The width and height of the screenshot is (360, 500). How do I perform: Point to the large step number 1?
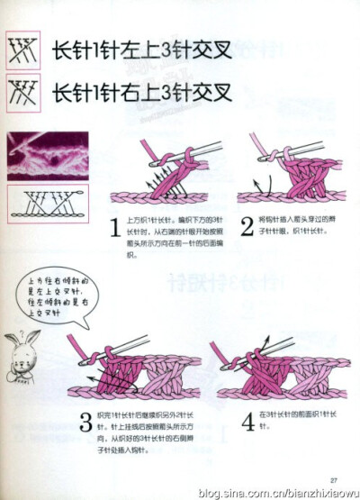point(114,229)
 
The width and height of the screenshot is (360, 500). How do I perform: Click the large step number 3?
point(85,421)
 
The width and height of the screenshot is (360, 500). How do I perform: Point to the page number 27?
point(332,477)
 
